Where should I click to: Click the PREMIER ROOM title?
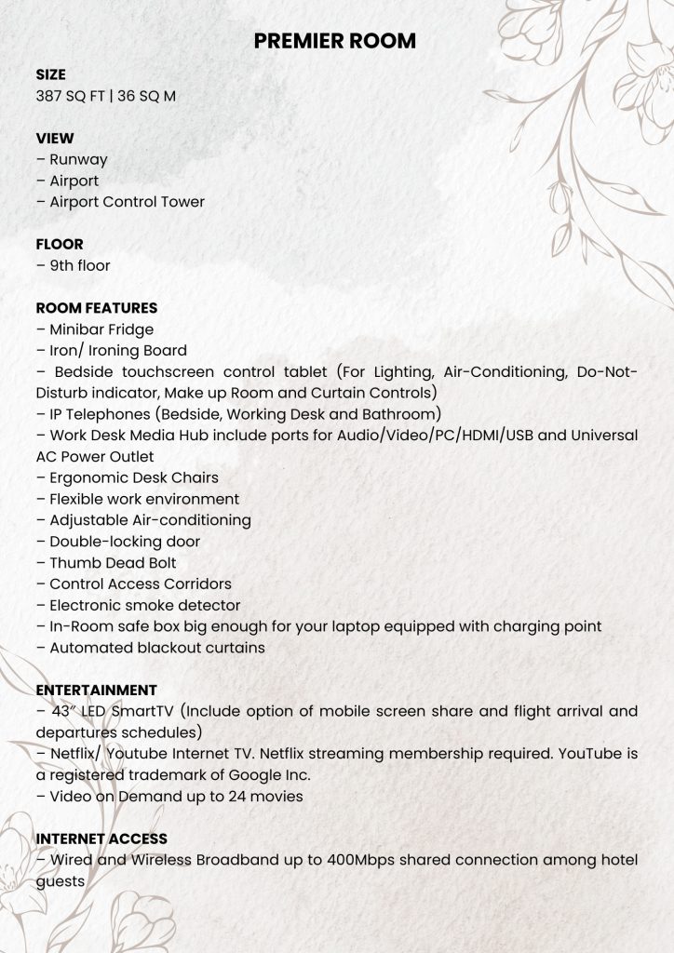tap(335, 41)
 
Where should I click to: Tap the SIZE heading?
tap(50, 74)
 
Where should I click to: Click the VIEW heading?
tap(55, 139)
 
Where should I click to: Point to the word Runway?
tap(78, 159)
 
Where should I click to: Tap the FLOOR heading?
tap(60, 244)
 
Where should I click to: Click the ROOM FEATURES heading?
tap(97, 308)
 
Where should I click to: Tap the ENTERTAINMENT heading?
tap(97, 690)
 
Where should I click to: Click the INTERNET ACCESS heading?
tap(101, 839)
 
